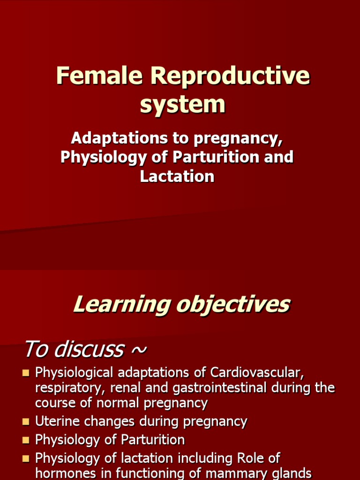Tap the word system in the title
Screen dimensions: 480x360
182,104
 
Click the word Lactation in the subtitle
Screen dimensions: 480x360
177,176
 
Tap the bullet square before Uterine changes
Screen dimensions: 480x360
26,422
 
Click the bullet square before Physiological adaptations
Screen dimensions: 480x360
26,373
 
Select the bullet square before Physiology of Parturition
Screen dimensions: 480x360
26,440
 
